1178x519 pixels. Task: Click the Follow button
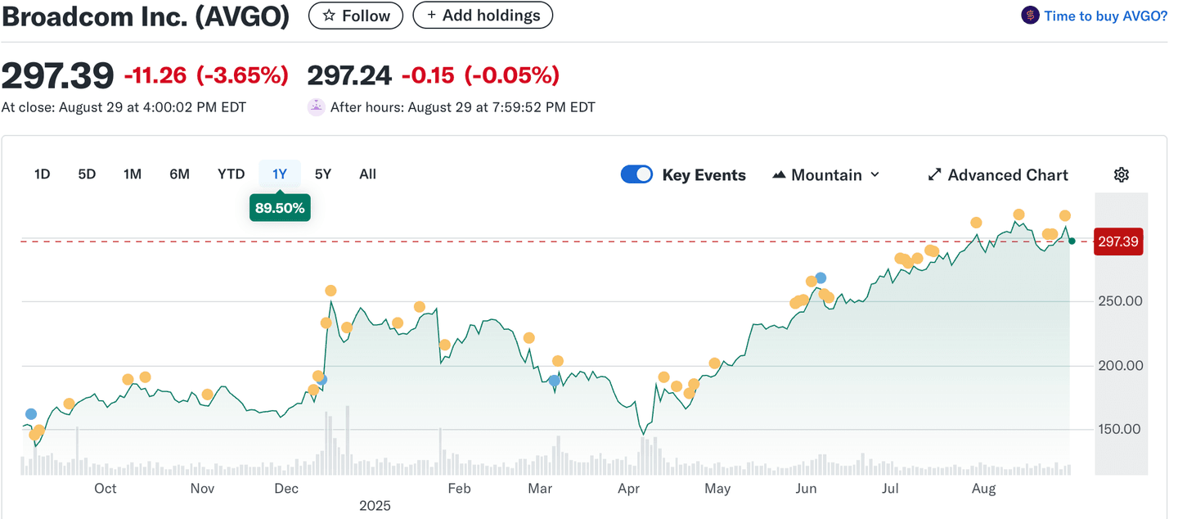[x=355, y=16]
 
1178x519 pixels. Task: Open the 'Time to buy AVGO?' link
[x=1104, y=16]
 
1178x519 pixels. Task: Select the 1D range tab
[x=42, y=174]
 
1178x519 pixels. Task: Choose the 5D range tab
[x=87, y=174]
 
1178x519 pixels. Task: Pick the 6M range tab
[x=179, y=174]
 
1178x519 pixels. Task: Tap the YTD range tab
[x=231, y=174]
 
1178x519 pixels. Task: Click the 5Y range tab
[x=323, y=174]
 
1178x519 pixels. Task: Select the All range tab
[x=367, y=174]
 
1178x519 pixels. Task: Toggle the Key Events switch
[x=636, y=174]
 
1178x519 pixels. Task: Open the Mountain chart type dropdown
[x=826, y=174]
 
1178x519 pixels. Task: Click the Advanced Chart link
[x=998, y=174]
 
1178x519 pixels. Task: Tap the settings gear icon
[x=1121, y=174]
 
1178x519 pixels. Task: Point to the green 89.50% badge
[x=280, y=208]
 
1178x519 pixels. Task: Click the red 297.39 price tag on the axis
[x=1118, y=241]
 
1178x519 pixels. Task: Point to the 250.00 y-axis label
[x=1120, y=300]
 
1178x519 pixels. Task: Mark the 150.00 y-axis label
[x=1120, y=429]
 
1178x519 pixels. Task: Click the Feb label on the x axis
[x=459, y=489]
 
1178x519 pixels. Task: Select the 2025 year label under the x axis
[x=375, y=506]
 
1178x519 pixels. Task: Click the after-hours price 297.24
[x=348, y=75]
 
